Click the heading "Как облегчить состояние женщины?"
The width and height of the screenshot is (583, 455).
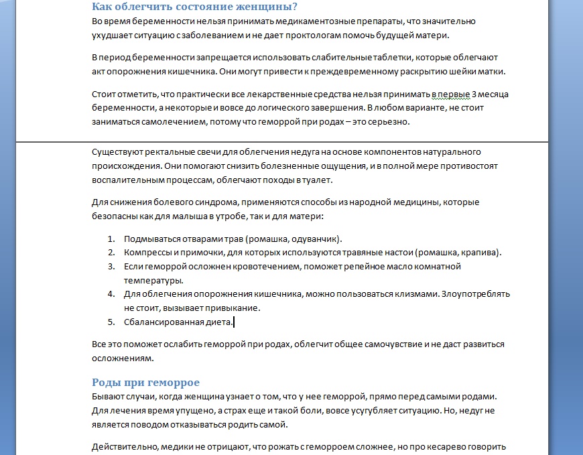point(194,7)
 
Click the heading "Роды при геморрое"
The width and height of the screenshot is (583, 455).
point(145,383)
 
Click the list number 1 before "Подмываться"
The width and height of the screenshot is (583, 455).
point(111,239)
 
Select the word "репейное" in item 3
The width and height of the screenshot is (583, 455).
point(367,267)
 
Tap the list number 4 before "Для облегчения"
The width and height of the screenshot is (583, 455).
point(111,294)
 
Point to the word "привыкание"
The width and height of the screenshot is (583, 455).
point(235,308)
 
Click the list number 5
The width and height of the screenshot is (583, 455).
point(111,322)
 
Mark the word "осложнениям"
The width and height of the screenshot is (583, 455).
point(117,358)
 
